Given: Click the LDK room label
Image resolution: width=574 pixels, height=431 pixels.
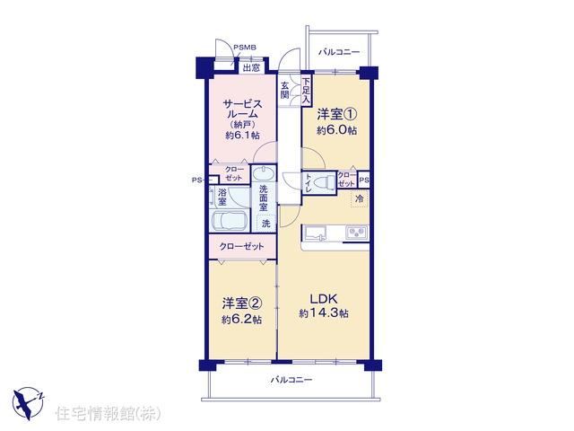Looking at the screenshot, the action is click(324, 299).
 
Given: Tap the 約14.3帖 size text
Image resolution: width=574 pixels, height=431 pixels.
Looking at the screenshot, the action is click(324, 313).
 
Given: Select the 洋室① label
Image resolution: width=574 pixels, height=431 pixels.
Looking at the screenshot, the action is click(336, 115).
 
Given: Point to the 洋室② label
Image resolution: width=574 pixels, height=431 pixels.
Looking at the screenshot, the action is click(241, 303).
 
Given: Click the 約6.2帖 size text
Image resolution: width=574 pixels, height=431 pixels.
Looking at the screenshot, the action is click(241, 320).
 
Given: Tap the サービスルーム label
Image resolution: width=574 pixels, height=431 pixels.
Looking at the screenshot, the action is click(242, 110).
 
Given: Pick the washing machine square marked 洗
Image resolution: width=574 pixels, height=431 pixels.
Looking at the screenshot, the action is click(266, 223).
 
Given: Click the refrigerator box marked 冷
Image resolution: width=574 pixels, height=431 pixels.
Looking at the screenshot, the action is click(359, 199).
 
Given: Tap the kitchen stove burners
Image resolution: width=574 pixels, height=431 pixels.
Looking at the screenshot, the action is click(357, 232).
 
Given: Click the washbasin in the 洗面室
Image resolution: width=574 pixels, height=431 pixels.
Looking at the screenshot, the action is click(264, 173).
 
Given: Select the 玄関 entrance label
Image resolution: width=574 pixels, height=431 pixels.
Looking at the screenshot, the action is click(285, 91).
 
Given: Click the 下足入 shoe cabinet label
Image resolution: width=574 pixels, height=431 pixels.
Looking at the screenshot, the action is click(306, 91).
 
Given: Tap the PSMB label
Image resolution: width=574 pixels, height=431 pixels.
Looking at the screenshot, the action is click(245, 48).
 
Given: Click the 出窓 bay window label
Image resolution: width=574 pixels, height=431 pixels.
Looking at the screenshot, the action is click(251, 68).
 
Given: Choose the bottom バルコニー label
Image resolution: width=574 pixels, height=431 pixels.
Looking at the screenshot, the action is click(291, 380).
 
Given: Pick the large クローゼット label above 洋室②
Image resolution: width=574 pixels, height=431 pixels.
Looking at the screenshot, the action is click(241, 246).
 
